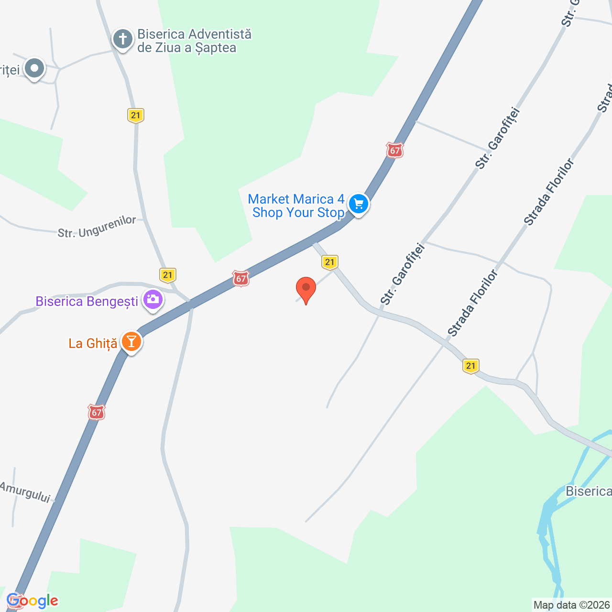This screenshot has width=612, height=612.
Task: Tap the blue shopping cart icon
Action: tap(358, 205)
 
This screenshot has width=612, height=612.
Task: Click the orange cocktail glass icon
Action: tap(131, 342)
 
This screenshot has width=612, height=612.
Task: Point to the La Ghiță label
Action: tap(93, 343)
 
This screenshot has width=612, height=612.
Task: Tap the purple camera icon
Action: tap(153, 300)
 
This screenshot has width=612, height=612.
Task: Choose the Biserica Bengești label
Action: tap(87, 302)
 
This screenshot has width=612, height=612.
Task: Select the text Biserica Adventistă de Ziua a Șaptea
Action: tap(194, 41)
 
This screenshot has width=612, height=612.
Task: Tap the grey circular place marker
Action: tap(34, 68)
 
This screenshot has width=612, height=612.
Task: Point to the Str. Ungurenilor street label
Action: tap(97, 227)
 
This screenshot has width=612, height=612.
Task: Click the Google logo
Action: tap(33, 601)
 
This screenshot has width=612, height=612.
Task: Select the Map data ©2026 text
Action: tap(571, 605)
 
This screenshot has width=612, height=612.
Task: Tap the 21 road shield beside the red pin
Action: tap(330, 262)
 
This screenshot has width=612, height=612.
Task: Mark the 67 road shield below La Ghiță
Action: tap(97, 412)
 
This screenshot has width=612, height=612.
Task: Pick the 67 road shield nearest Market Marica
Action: tap(395, 151)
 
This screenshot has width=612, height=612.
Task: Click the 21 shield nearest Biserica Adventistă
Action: tap(136, 115)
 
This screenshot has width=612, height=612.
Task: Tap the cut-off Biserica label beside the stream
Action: tap(588, 492)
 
